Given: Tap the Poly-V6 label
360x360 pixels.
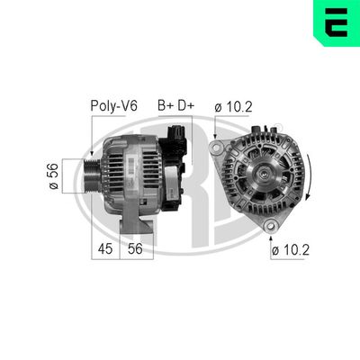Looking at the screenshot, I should pos(113,106).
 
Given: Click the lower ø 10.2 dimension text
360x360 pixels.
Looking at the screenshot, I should pos(292,251).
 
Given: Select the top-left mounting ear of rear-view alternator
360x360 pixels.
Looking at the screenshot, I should pos(216,147).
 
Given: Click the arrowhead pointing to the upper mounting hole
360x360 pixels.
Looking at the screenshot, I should pos(216,140).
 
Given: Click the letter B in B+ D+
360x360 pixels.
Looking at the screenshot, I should pos(163,106).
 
